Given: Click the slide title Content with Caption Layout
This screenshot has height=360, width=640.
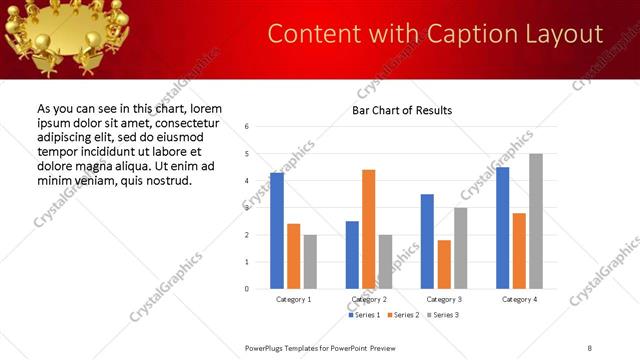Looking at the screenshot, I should (435, 34).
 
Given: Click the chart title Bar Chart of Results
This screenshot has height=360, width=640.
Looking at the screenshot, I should (402, 110).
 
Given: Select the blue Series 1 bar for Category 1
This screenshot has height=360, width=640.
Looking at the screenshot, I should (277, 231).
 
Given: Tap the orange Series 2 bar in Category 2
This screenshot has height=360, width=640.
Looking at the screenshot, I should (369, 229).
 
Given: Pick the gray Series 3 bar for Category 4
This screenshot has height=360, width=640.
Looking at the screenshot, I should (536, 221).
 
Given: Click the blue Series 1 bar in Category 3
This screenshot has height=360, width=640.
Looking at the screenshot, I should (427, 241).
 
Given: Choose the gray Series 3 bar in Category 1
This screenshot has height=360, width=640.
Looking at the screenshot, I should (311, 262).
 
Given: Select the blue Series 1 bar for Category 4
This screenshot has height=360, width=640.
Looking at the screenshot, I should (502, 228).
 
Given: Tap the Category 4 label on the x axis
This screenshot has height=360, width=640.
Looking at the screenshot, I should (519, 300).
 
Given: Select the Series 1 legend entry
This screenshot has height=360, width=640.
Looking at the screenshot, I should (363, 315).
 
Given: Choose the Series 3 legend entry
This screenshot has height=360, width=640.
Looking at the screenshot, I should (443, 315).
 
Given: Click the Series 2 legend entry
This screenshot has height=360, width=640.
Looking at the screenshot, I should (403, 315).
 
